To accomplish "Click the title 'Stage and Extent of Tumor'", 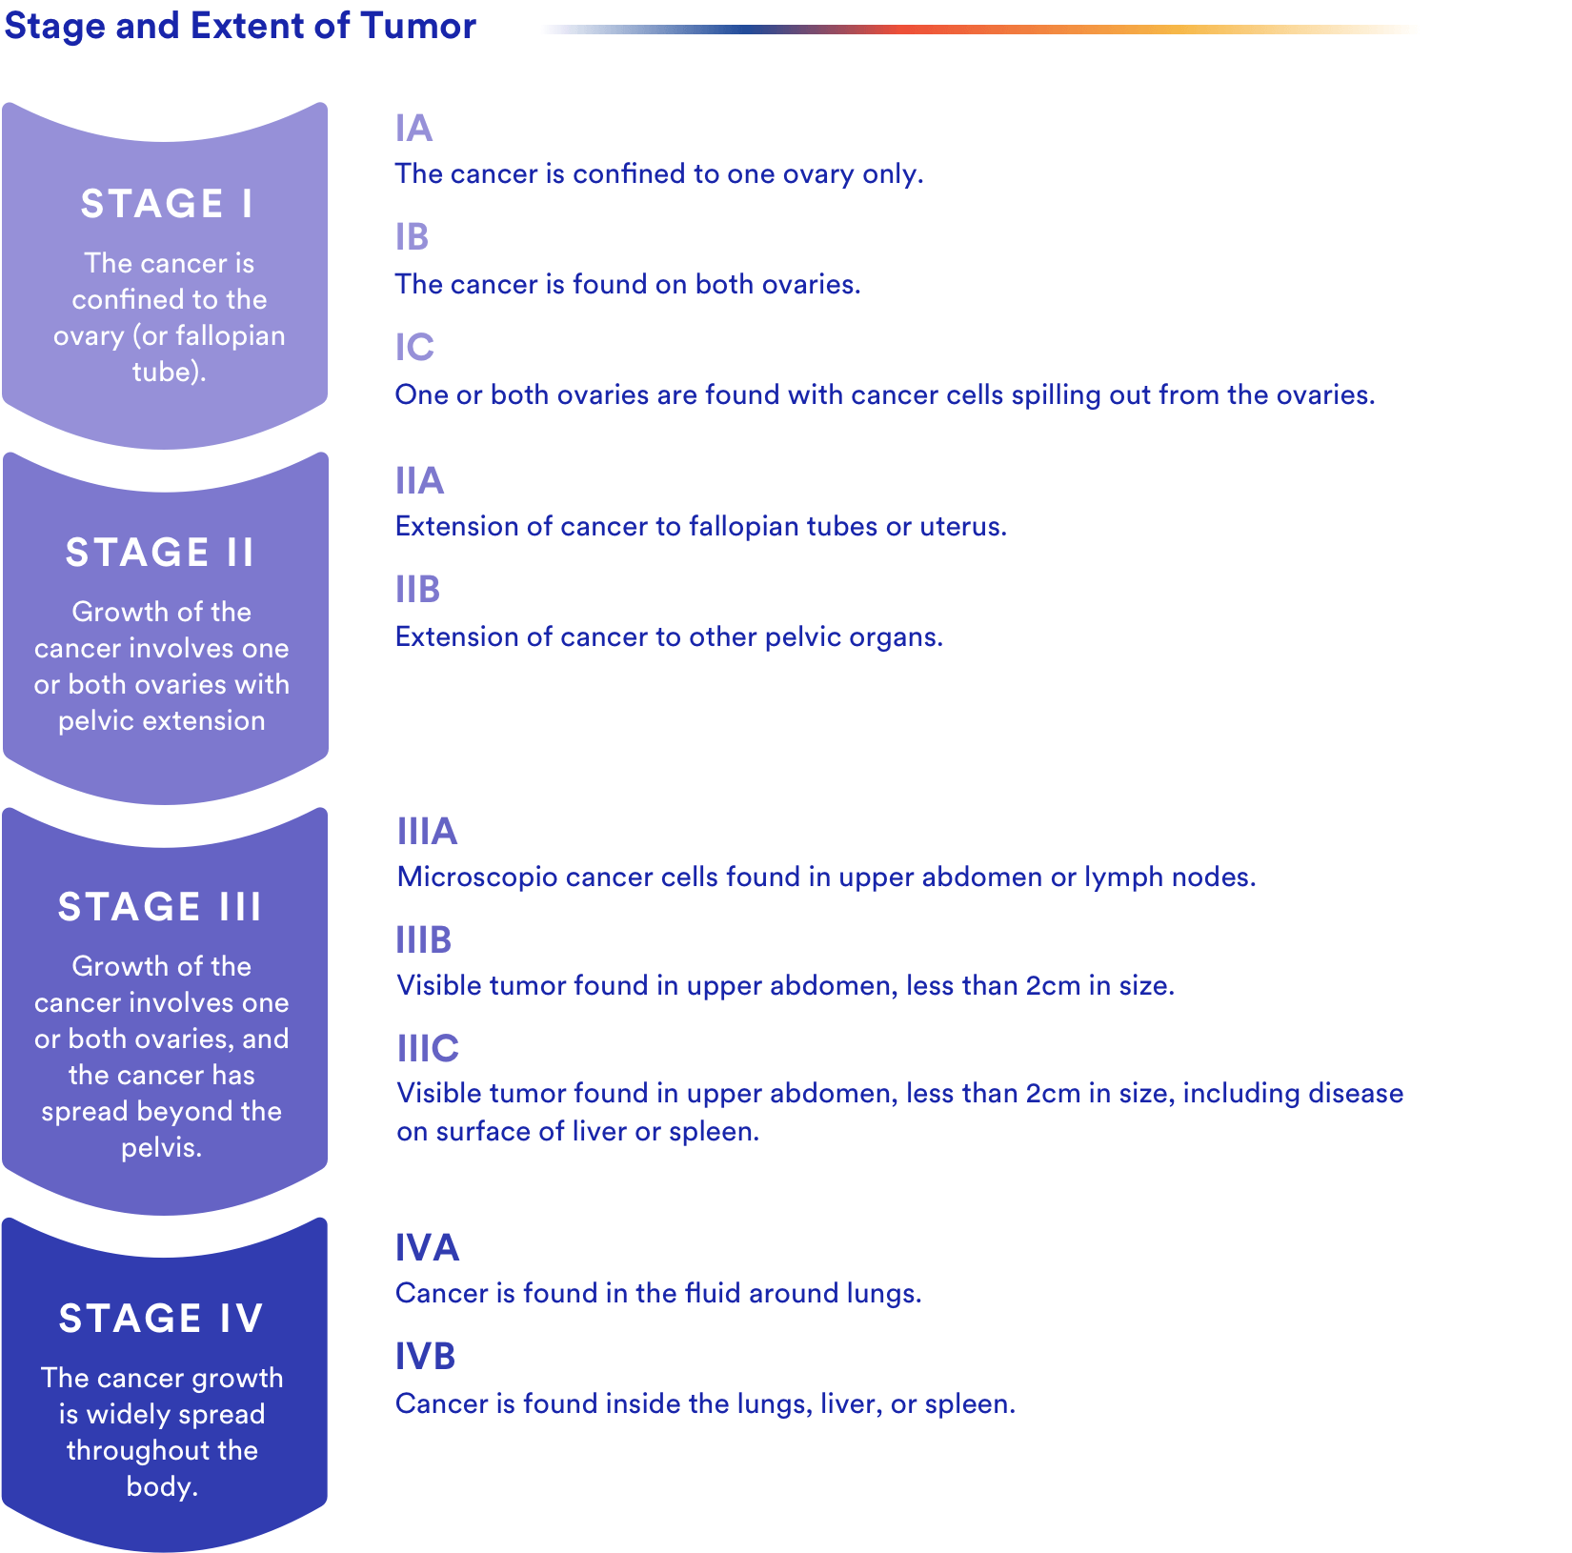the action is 240,26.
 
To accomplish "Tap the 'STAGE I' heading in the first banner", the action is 168,204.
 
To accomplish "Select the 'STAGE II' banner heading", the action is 160,553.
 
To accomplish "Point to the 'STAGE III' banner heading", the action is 159,907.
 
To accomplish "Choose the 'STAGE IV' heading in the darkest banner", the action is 160,1319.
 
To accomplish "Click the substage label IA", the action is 414,129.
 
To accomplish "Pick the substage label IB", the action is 413,237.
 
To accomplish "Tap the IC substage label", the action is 414,348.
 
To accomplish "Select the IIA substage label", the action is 420,481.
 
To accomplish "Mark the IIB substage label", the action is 418,590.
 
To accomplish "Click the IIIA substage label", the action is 428,832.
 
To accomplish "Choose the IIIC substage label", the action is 428,1049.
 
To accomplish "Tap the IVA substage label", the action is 428,1248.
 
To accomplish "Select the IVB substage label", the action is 426,1357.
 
